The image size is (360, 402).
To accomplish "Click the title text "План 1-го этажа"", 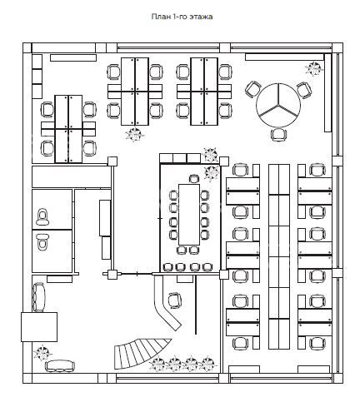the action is [x=182, y=17].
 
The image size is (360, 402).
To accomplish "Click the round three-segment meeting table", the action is [x=278, y=105].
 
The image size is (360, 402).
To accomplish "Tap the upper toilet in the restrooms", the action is [x=42, y=216].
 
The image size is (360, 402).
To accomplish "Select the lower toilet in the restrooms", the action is [x=42, y=241].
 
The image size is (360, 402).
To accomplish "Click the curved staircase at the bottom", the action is [x=140, y=354].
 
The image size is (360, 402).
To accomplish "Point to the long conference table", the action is [x=189, y=215].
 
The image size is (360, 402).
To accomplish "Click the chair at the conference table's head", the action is [x=194, y=179].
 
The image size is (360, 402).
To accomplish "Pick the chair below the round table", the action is [x=279, y=135].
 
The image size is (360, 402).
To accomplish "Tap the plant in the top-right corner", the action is [x=314, y=68].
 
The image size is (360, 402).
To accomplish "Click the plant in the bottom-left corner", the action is [x=42, y=353].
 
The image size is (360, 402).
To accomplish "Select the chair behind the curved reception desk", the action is [x=175, y=300].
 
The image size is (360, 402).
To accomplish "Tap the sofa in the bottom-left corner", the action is [x=60, y=366].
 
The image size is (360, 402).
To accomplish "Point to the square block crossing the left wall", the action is [x=39, y=327].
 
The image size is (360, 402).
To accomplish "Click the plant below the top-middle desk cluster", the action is [x=135, y=135].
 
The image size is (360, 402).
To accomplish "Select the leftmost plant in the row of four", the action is [x=157, y=364].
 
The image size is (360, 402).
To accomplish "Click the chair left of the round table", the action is [x=253, y=89].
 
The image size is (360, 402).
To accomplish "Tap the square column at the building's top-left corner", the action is [x=27, y=47].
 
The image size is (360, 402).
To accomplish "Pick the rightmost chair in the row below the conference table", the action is [x=207, y=267].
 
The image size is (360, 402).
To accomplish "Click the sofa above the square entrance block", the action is [x=38, y=297].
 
